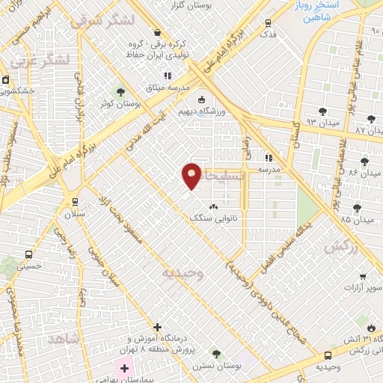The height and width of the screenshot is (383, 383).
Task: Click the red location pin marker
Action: coord(192,175)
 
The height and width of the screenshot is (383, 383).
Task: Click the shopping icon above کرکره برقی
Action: coord(157,32)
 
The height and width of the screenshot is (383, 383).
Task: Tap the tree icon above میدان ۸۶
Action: coord(364,161)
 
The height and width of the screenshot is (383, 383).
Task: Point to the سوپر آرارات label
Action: coord(364,287)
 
